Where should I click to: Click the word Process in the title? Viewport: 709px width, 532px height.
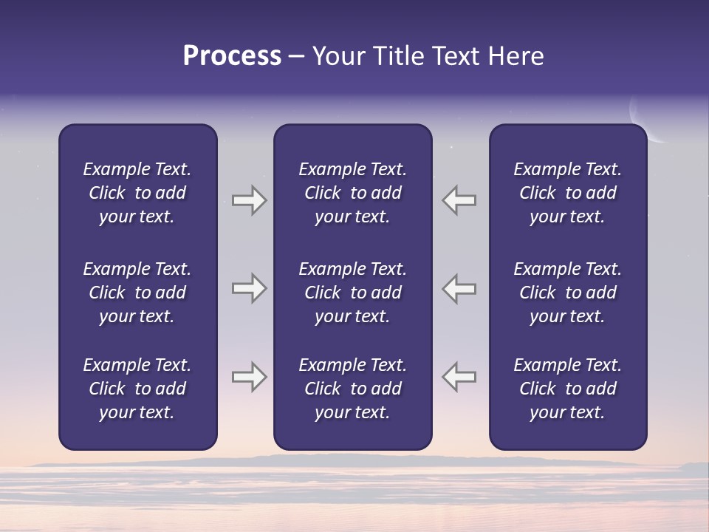pos(232,56)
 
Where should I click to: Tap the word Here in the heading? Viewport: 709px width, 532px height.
pos(515,56)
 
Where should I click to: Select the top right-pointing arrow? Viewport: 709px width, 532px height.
pos(249,200)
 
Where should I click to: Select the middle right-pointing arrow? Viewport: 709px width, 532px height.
pos(249,288)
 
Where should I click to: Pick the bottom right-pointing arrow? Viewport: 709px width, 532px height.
pos(249,377)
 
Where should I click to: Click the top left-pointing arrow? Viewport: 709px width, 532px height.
pos(459,200)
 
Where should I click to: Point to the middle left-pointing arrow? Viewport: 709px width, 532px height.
pos(459,288)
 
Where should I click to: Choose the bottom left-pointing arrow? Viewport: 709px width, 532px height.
pos(459,377)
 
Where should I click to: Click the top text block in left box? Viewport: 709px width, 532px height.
pos(137,193)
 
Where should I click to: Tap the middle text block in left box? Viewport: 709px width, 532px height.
pos(137,293)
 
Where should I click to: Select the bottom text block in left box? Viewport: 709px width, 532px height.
pos(137,389)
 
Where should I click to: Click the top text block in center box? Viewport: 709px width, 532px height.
pos(352,193)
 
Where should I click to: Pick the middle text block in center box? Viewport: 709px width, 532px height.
pos(352,293)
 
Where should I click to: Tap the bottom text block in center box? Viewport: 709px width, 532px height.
pos(352,389)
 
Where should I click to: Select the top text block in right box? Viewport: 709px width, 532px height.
pos(567,193)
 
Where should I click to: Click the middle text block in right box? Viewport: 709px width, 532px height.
pos(567,293)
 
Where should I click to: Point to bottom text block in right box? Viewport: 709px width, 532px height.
pos(567,389)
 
